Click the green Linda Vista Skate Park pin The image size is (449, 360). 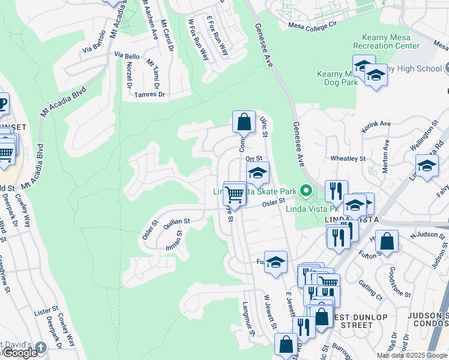point(306,192)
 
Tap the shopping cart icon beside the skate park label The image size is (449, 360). point(234,194)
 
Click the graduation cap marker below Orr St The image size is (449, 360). point(257,173)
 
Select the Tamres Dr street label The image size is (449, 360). point(149,95)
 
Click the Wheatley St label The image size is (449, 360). point(348,158)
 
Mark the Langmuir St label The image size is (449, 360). point(250,318)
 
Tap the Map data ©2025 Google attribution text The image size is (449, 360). point(411,355)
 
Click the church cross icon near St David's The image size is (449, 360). point(40,347)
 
